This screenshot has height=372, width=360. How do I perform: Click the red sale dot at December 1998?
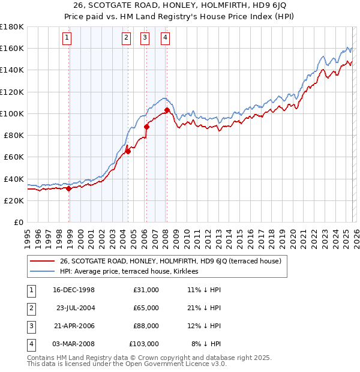click(69, 188)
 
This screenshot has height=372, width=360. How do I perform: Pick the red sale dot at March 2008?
click(167, 110)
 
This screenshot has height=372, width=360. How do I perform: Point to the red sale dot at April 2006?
click(146, 127)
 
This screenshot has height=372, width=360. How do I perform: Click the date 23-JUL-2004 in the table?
click(76, 308)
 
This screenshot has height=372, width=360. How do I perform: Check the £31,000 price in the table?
click(146, 290)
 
